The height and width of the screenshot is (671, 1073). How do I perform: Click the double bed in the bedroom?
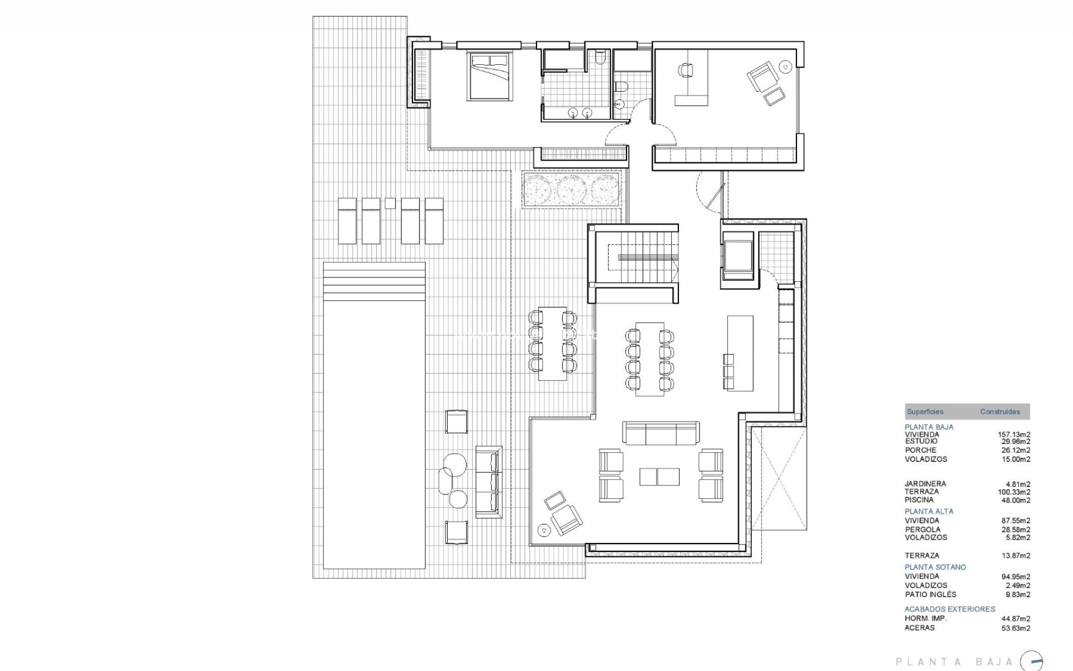tap(490, 76)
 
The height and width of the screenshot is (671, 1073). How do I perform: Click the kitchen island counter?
tap(740, 353)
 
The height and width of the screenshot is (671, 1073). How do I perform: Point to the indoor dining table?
tap(650, 359)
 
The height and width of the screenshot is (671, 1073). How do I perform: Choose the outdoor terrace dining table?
tap(552, 343)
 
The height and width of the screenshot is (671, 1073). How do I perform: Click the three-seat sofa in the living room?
tap(661, 433)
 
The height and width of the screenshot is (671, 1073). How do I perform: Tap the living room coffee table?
tap(659, 476)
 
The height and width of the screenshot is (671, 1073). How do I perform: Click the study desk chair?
tap(686, 70)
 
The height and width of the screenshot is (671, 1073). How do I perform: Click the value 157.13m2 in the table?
tap(1014, 434)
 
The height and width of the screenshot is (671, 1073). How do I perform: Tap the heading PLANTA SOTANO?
tap(936, 567)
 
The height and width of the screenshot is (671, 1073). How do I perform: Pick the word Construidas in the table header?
tap(1000, 412)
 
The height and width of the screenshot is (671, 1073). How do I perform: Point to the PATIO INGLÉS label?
tap(930, 594)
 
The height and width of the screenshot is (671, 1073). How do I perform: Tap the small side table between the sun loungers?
tap(390, 203)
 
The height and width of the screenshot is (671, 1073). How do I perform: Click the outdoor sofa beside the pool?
tap(488, 482)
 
